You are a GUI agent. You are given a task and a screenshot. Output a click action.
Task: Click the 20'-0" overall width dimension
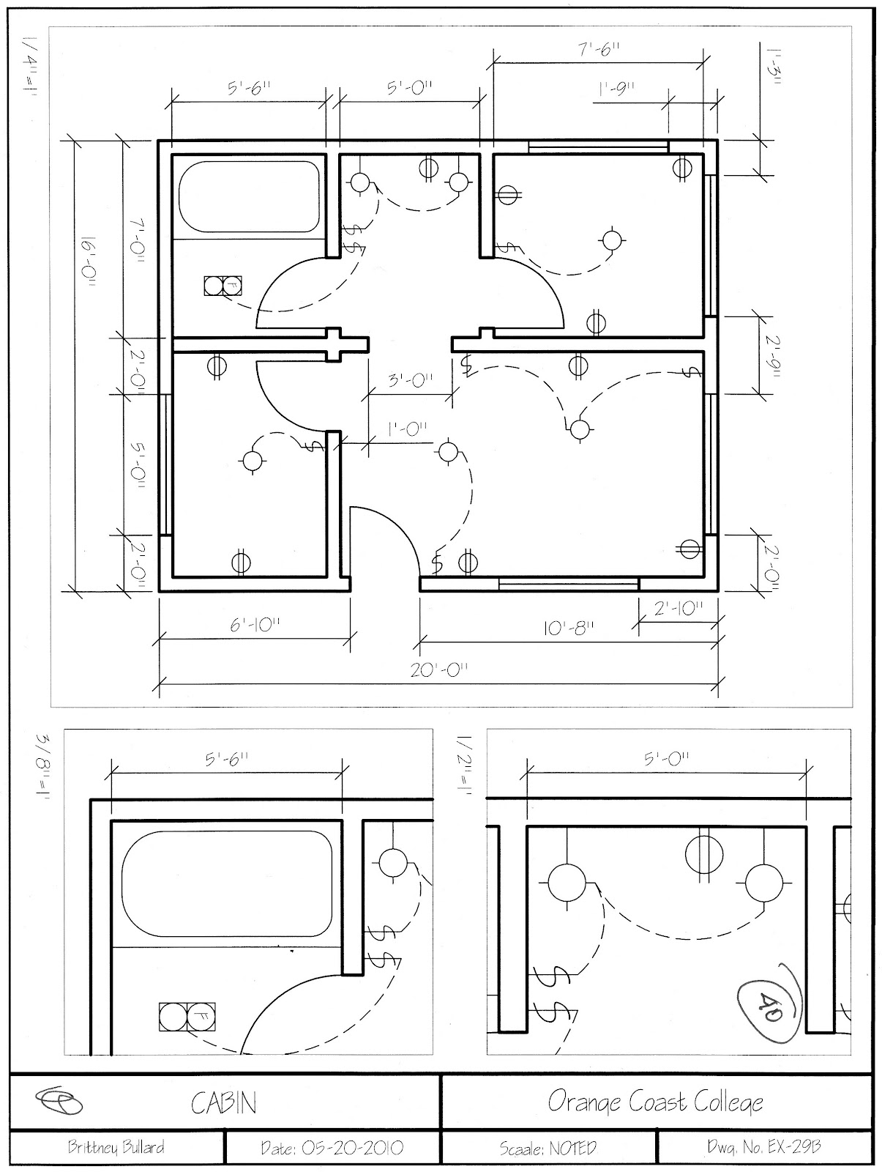point(438,670)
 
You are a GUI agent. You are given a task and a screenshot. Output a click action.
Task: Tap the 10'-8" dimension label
point(567,628)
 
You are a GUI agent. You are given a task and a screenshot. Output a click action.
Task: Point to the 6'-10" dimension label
point(255,625)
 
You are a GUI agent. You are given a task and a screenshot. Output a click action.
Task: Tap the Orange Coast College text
point(655,1102)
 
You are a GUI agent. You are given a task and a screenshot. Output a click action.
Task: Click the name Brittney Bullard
point(116,1148)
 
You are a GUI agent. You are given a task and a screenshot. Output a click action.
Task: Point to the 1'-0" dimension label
point(407,429)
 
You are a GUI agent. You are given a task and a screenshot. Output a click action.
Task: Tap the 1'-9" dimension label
point(616,89)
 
